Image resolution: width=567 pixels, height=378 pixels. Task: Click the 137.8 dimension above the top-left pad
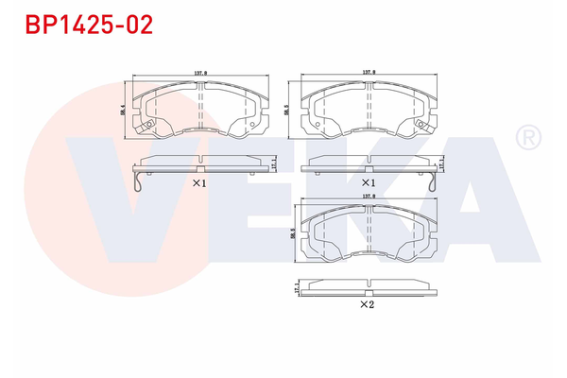pos(200,72)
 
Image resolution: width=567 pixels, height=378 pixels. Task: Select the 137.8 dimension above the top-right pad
pos(368,72)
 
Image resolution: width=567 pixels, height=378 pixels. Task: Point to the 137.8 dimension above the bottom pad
pos(368,197)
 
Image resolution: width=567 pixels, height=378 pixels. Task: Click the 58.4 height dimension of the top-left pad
pos(124,111)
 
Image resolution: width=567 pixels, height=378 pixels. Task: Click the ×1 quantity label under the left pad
pos(198,183)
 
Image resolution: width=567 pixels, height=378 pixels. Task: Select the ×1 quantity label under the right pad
pos(368,182)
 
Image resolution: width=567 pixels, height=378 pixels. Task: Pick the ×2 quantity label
pos(367,305)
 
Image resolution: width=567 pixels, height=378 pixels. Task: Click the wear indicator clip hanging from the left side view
pos(139,180)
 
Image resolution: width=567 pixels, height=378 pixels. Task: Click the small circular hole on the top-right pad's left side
pos(313,122)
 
